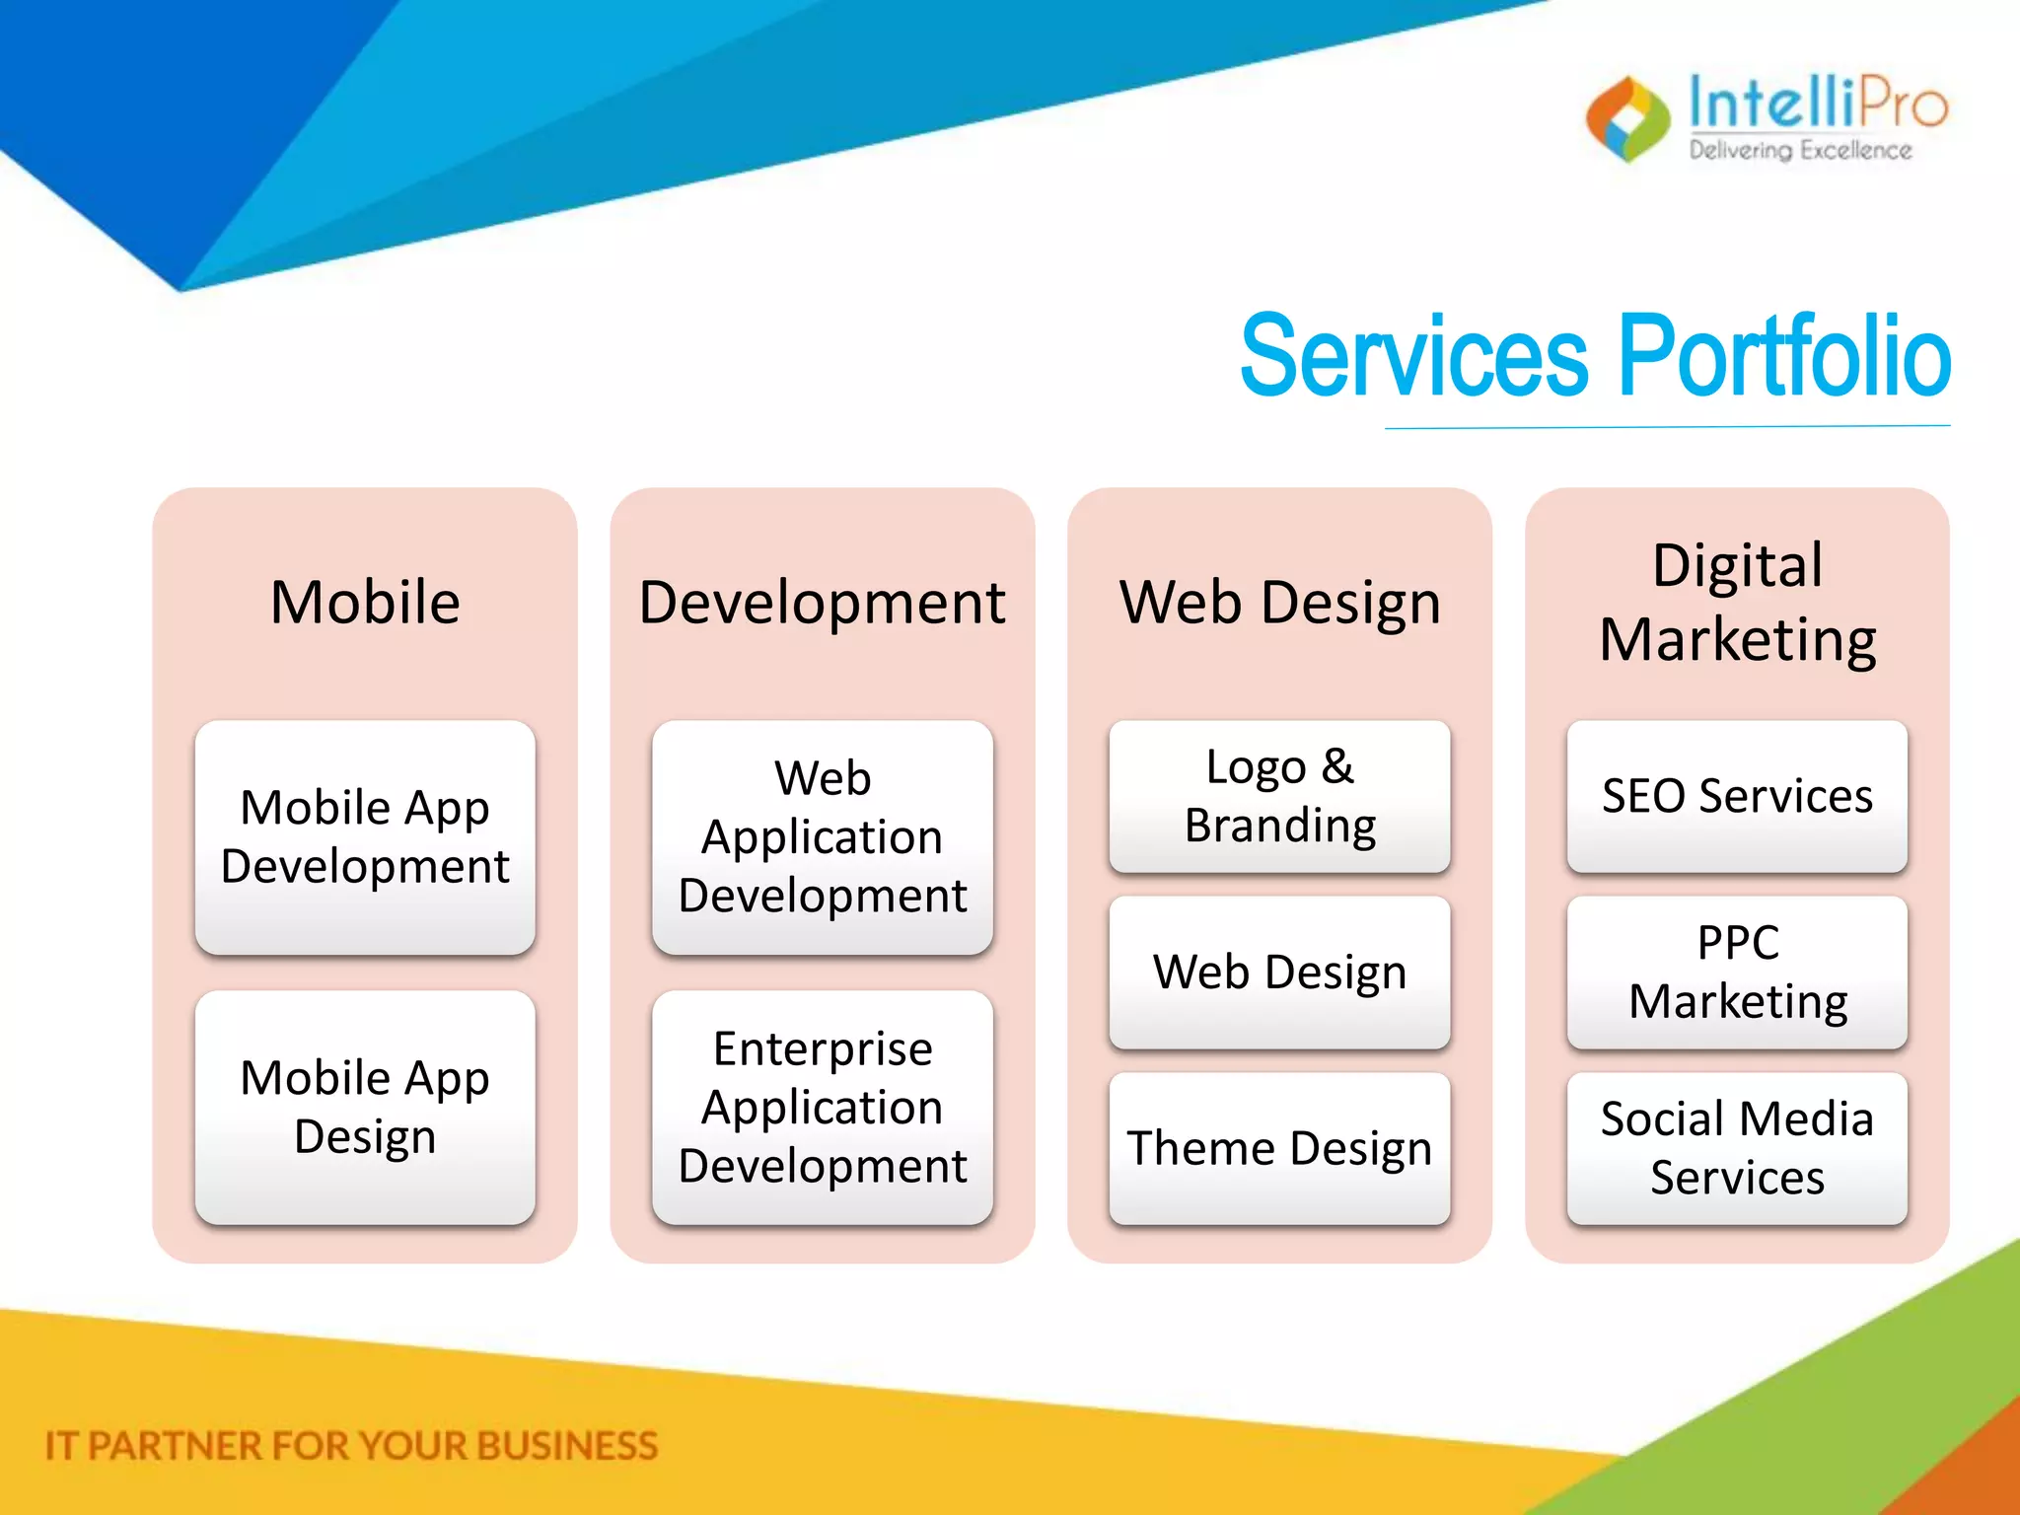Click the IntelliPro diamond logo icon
pos(1627,119)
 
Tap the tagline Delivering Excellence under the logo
pos(1800,151)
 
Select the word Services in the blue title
pos(1413,356)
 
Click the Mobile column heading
pos(365,603)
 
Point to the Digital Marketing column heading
pos(1737,603)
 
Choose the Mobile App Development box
pos(365,836)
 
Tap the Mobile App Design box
pos(365,1107)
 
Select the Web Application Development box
pos(822,836)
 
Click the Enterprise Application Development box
pos(822,1107)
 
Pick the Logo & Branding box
pos(1279,796)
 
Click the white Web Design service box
pos(1279,973)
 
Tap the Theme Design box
pos(1279,1148)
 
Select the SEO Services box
pos(1737,796)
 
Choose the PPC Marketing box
pos(1737,973)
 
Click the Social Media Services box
pos(1737,1148)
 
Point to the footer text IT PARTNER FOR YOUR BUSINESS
pos(351,1446)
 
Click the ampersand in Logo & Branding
pos(1337,766)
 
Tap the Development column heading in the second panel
pos(822,603)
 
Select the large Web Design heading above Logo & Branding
pos(1279,603)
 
